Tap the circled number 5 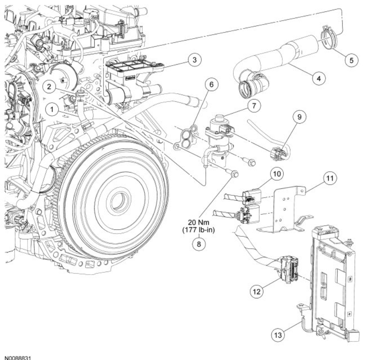351,60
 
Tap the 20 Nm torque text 200,223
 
